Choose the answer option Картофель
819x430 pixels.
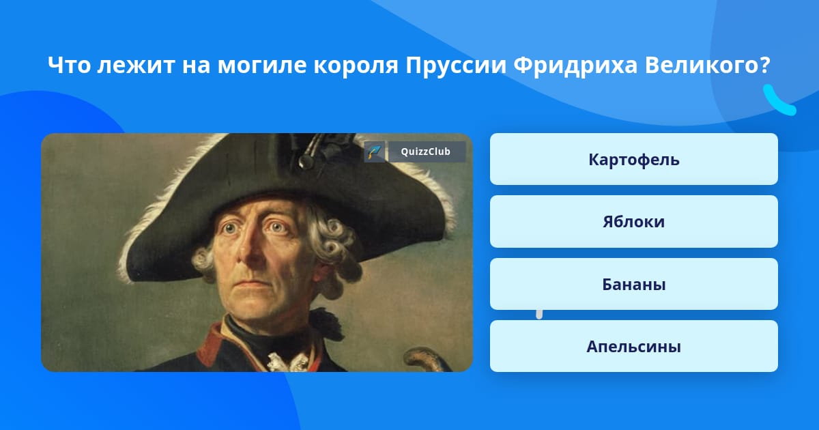coord(633,159)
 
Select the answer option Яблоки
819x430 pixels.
coord(633,222)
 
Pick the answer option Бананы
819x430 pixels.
coord(633,284)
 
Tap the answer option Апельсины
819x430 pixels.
coord(633,346)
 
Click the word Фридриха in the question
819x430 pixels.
coord(575,66)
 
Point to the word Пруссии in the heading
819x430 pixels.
coord(456,66)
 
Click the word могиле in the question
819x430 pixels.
coord(262,66)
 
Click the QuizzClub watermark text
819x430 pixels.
coord(426,152)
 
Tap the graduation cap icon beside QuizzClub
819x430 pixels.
coord(374,152)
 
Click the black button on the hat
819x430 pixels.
coord(306,161)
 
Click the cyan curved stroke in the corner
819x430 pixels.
coord(778,101)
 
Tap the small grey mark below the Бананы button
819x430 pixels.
coord(539,315)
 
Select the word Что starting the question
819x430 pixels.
coord(69,66)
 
